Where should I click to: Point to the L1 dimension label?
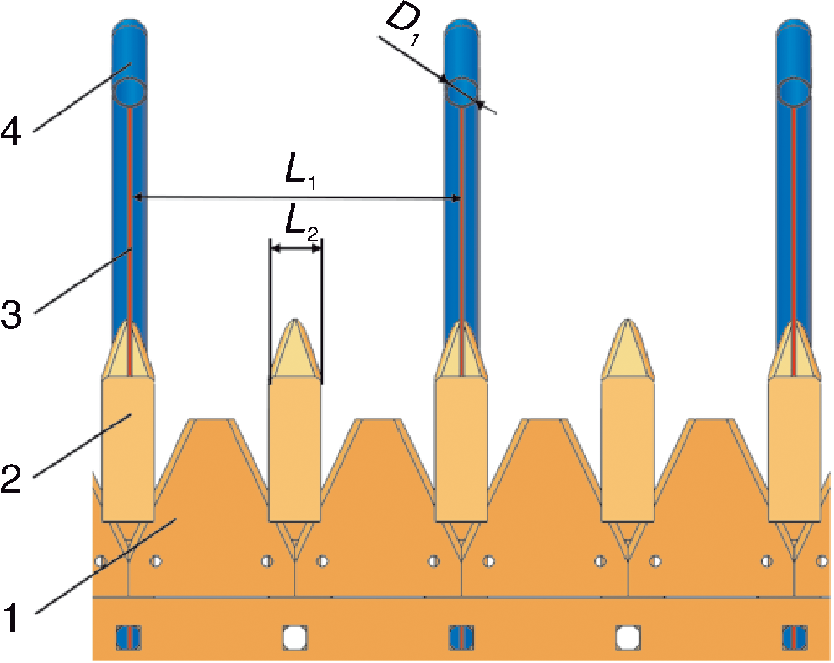pyautogui.click(x=302, y=175)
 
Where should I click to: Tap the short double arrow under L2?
pyautogui.click(x=296, y=248)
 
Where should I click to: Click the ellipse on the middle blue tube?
pyautogui.click(x=462, y=92)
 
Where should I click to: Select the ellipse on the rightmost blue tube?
pyautogui.click(x=795, y=92)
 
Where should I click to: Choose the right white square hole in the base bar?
pyautogui.click(x=628, y=636)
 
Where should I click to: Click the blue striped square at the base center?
pyautogui.click(x=462, y=636)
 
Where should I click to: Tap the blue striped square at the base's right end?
pyautogui.click(x=794, y=636)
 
